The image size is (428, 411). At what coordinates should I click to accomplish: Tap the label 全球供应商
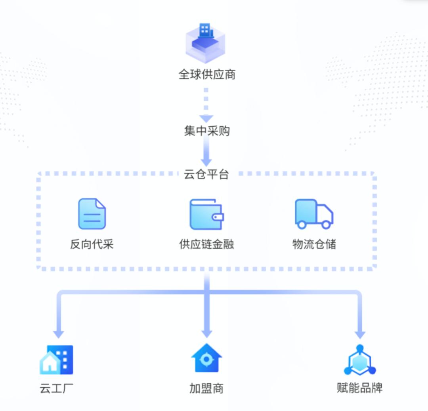[x=207, y=74]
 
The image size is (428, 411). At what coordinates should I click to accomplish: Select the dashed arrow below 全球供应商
[x=206, y=105]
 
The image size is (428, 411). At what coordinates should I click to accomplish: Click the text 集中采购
[x=206, y=131]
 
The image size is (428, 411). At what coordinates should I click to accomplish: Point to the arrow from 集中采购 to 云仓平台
[x=206, y=152]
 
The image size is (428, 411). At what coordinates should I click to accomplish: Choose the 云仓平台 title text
[x=206, y=175]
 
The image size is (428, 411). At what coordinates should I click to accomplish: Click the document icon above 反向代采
[x=92, y=214]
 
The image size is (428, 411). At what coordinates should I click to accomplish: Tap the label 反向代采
[x=92, y=244]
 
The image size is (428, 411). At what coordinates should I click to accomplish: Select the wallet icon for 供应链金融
[x=206, y=214]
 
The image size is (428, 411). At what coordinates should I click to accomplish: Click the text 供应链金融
[x=206, y=244]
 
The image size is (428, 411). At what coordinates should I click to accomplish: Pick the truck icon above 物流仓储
[x=314, y=214]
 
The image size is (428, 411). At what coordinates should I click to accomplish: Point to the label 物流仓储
[x=314, y=244]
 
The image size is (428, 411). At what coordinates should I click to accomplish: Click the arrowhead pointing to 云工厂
[x=59, y=333]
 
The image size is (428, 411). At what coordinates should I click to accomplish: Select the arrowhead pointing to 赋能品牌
[x=359, y=333]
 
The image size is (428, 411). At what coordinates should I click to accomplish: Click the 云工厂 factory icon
[x=57, y=360]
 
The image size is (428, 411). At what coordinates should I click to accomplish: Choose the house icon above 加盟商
[x=206, y=358]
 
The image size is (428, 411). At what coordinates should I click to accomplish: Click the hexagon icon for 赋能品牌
[x=359, y=360]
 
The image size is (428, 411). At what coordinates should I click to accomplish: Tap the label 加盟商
[x=206, y=388]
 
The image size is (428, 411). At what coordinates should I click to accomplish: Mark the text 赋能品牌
[x=359, y=388]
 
